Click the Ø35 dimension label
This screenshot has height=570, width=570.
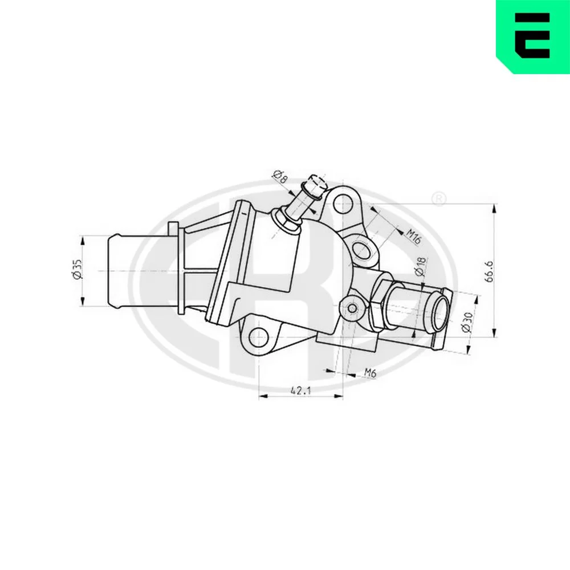pos(78,270)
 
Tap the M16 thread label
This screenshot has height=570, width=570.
pos(413,237)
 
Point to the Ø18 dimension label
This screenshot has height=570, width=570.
pos(420,266)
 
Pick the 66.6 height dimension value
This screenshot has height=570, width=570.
pos(489,271)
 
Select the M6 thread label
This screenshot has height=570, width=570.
pos(370,372)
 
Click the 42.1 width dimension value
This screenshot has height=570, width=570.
pos(301,391)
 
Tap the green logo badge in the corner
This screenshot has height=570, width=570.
pos(533,36)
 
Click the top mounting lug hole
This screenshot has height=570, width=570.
pos(342,202)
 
